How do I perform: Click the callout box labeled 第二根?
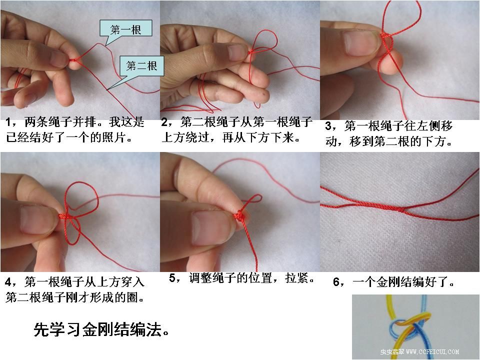click(141, 66)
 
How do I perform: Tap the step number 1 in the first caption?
click(8, 122)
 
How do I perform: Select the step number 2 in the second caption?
click(164, 122)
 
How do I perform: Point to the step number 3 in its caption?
click(328, 126)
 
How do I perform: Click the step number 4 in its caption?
click(8, 282)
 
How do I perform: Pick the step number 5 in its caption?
click(172, 278)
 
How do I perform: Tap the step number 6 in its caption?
click(336, 282)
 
